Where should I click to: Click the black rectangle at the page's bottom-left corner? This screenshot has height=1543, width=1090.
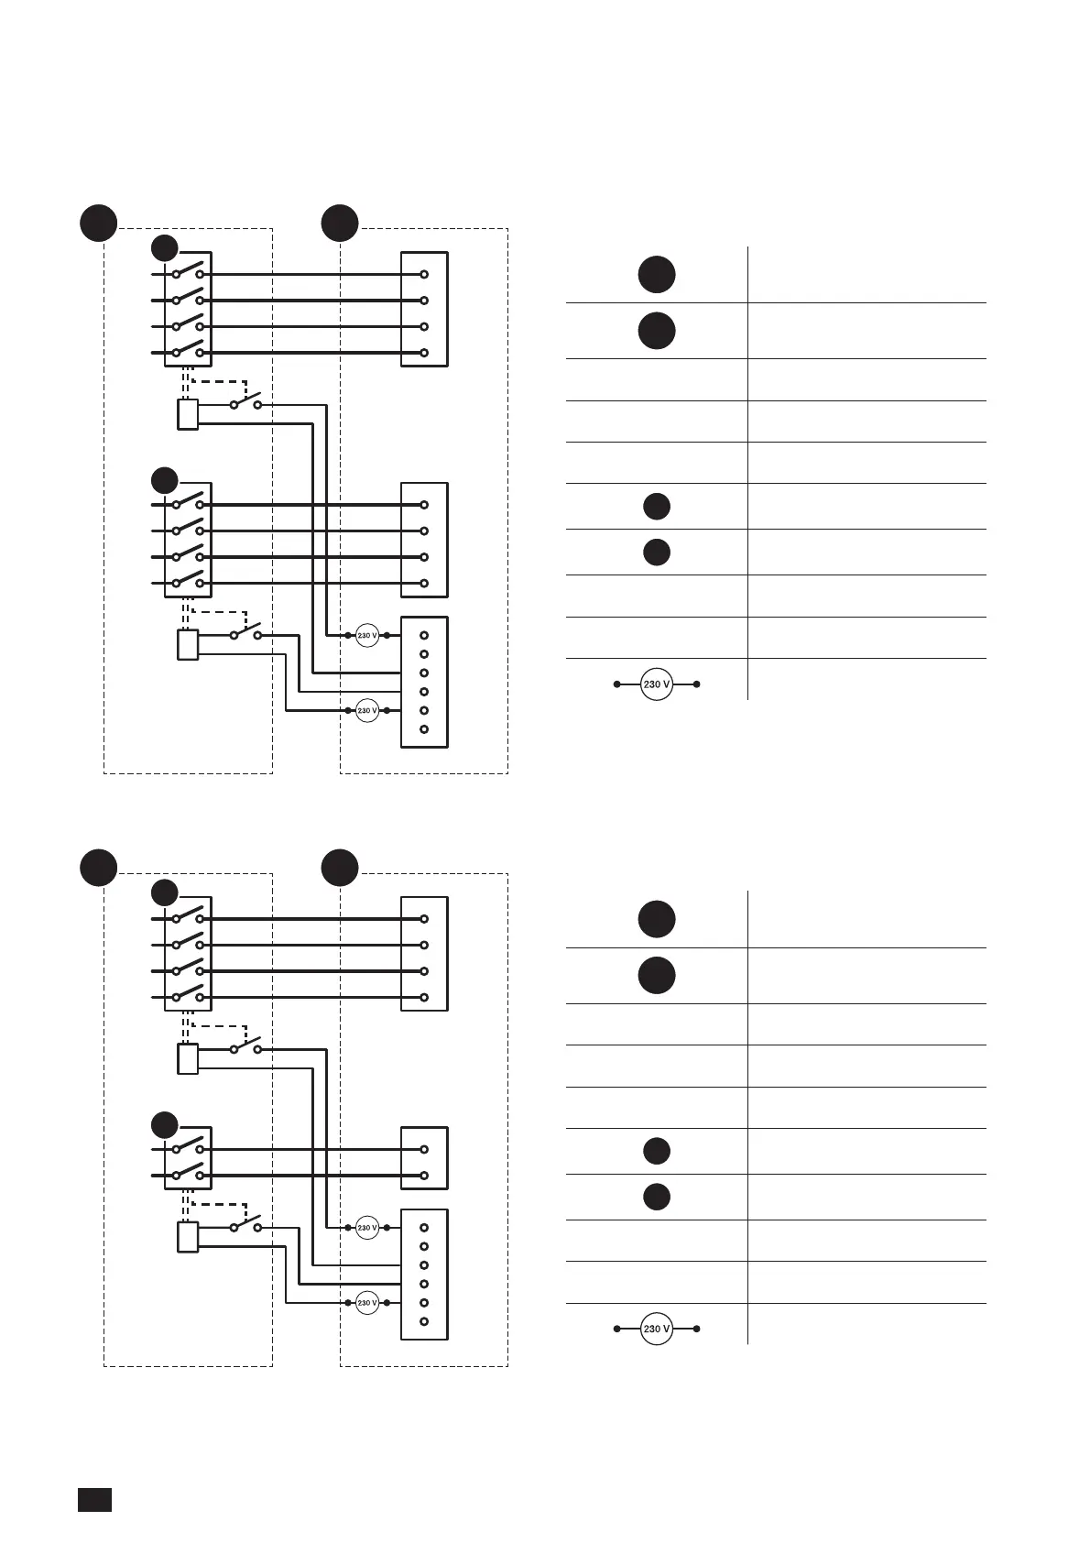94,1499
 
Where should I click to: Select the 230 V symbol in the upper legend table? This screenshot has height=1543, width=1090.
657,684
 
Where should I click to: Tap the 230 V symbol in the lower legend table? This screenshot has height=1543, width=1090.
657,1329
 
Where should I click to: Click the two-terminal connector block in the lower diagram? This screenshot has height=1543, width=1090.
424,1158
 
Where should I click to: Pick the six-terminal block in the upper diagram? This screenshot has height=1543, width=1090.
424,682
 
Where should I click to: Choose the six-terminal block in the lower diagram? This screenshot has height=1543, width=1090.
424,1275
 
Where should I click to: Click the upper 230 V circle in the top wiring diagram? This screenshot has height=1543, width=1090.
367,635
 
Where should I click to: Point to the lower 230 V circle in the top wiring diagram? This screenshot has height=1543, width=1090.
367,710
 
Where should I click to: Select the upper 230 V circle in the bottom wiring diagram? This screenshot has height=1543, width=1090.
367,1228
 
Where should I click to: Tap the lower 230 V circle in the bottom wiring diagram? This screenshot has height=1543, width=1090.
367,1303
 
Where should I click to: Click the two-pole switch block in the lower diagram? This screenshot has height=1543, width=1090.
188,1158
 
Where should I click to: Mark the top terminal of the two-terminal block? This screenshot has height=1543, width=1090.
424,1149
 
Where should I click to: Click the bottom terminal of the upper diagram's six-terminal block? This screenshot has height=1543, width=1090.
424,729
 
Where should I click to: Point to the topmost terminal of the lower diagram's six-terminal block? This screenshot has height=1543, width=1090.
424,1228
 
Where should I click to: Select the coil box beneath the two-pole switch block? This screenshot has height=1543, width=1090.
187,1237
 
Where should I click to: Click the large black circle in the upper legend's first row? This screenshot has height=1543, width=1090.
657,275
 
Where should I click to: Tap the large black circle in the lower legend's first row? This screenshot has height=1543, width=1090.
657,919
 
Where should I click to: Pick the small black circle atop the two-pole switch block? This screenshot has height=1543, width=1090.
165,1124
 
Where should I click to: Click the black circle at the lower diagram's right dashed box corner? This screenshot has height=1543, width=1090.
340,868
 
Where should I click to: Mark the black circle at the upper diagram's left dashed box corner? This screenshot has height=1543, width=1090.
98,223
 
